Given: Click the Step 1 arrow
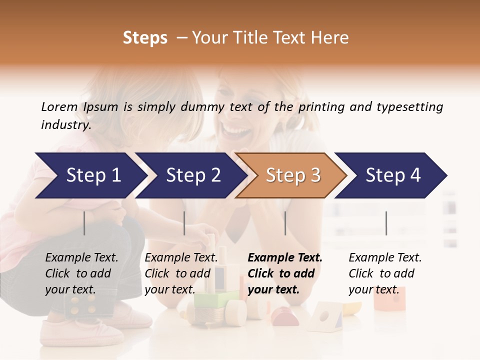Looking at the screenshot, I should (x=90, y=175).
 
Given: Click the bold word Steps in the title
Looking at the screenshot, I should (x=145, y=38).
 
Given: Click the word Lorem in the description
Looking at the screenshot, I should (x=59, y=106).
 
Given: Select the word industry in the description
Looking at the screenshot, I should (x=65, y=125).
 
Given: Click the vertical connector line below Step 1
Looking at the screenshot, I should (x=84, y=223).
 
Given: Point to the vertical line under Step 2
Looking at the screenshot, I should (x=184, y=223).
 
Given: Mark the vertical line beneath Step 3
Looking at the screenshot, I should (x=285, y=223).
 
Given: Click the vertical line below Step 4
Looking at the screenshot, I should (x=386, y=223).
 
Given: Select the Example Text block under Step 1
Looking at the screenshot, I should (x=81, y=273).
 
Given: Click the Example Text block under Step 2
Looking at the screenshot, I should (x=180, y=273).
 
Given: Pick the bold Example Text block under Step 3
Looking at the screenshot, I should (x=284, y=273).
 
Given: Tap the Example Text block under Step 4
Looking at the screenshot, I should (x=384, y=273).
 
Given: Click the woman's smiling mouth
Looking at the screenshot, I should (x=235, y=131).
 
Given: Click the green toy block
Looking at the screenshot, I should (x=210, y=300).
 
